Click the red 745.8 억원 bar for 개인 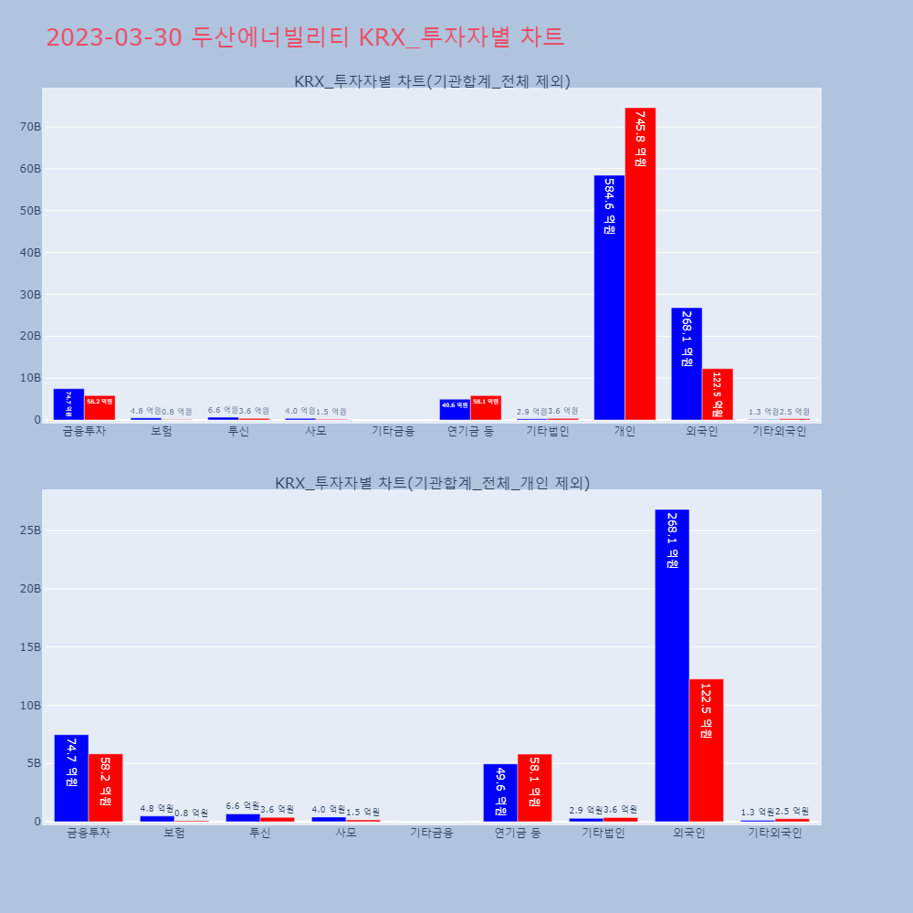(x=640, y=264)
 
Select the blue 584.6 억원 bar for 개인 (x=609, y=298)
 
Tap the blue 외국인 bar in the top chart (x=687, y=363)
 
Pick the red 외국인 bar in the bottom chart (x=706, y=750)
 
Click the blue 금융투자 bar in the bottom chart (x=71, y=778)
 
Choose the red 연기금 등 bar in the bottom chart (x=534, y=787)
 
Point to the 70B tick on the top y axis (x=30, y=127)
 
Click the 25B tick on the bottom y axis (x=30, y=530)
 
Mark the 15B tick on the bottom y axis (x=30, y=647)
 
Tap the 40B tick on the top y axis (x=30, y=253)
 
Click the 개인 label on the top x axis (x=624, y=431)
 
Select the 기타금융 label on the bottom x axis (x=431, y=833)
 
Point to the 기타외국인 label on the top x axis (x=779, y=431)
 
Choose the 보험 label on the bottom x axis (x=174, y=833)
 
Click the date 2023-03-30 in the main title (x=115, y=37)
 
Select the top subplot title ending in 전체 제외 (x=432, y=81)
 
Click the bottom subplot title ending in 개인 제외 (x=432, y=483)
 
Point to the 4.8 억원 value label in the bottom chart (x=157, y=808)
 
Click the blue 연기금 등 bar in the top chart (x=455, y=409)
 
